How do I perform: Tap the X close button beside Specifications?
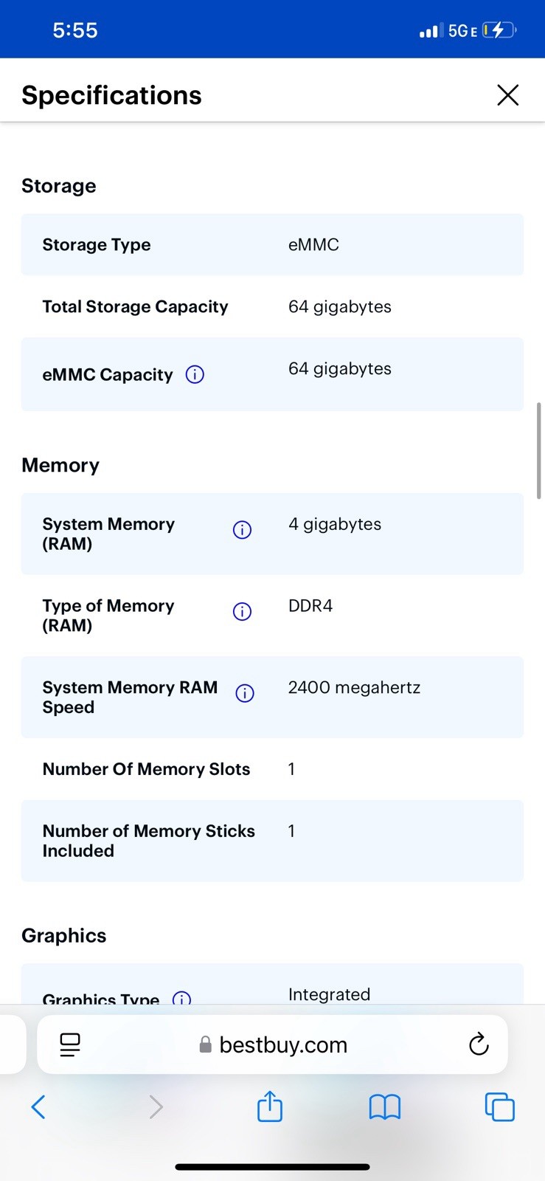coord(507,95)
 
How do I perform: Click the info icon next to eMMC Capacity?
coord(195,374)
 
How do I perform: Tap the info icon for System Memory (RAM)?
coord(242,529)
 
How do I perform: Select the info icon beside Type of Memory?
coord(242,611)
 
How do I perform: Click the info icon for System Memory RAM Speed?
coord(245,693)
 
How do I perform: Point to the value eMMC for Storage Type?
coord(313,244)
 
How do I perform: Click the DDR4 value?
coord(310,606)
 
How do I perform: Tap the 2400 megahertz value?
coord(354,687)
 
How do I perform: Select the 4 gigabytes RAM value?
coord(334,524)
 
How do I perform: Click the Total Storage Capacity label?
coord(136,307)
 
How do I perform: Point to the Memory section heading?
coord(60,465)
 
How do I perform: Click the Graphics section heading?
coord(63,935)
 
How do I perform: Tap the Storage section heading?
coord(59,185)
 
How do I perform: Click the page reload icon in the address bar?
coord(479,1044)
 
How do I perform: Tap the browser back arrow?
coord(38,1106)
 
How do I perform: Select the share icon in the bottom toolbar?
coord(270,1106)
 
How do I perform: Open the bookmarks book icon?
coord(385,1106)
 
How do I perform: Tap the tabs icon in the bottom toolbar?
coord(500,1106)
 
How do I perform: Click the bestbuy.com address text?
coord(283,1044)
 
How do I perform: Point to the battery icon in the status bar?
coord(499,30)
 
